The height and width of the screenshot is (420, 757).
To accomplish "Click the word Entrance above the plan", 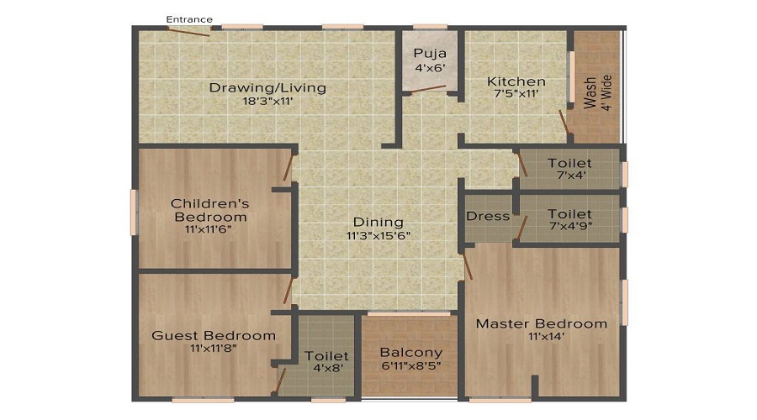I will click(188, 19).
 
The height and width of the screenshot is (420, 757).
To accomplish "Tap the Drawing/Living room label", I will click(267, 87).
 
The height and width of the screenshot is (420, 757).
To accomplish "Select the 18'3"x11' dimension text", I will click(267, 101).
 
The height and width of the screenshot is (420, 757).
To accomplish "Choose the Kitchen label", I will click(516, 81).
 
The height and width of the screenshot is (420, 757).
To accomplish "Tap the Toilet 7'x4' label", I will click(569, 163).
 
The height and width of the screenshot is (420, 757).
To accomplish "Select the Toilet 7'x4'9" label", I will click(569, 214).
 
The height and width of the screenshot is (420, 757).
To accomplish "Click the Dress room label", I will click(488, 216).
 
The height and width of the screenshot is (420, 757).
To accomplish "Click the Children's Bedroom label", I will click(209, 210).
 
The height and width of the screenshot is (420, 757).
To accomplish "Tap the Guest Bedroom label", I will click(214, 335).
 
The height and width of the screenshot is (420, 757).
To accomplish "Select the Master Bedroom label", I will click(542, 323).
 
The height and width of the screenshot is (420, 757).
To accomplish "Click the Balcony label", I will click(410, 352).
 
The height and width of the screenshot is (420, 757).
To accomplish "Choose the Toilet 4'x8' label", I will click(326, 356).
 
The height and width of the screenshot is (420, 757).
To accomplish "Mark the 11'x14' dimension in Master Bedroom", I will click(542, 337).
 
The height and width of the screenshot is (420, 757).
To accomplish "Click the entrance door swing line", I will click(188, 32).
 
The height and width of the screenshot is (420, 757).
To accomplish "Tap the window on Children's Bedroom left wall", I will click(134, 211).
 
